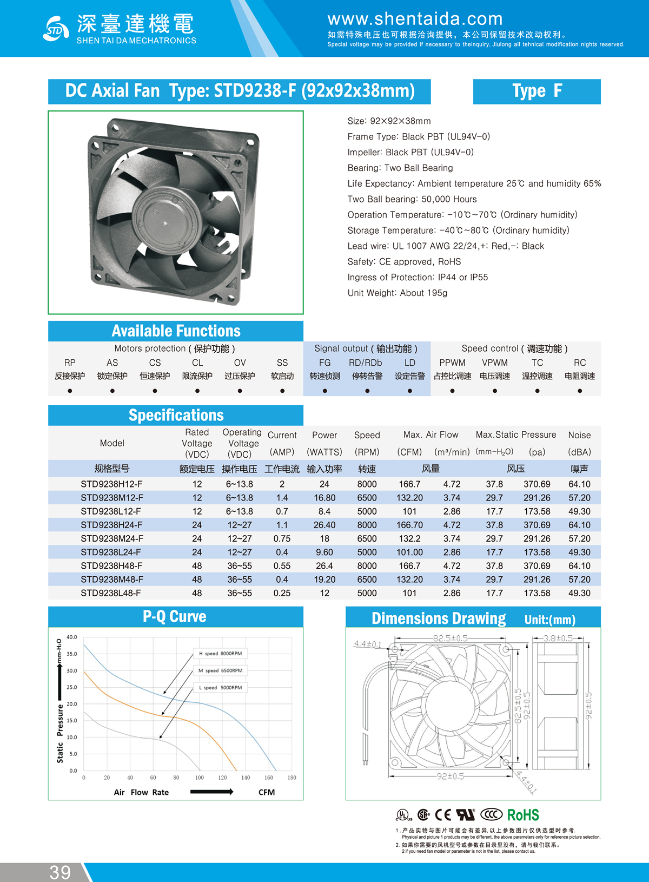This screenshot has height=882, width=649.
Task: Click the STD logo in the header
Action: coord(56,29)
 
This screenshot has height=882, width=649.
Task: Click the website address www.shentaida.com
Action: coord(415,19)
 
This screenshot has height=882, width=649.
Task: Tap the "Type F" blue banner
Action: coord(537,91)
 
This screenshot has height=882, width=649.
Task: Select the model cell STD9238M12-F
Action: coord(112,498)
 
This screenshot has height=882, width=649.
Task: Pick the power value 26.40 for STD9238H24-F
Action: coord(325,525)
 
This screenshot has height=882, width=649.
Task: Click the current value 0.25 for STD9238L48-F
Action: coord(282,593)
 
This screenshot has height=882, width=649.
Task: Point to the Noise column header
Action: coord(579,435)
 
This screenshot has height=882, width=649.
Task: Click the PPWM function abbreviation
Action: coord(452,363)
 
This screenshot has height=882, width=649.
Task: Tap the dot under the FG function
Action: coord(325,391)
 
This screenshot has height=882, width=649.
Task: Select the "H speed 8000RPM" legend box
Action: coord(220,654)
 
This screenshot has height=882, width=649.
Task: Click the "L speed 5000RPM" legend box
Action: coord(220,688)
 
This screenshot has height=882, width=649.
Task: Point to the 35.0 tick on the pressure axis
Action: coord(72,654)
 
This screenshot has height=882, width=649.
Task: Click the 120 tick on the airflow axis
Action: coord(222,778)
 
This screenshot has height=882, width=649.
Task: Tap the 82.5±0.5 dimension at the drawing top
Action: coord(450,639)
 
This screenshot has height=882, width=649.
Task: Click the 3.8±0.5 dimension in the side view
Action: coord(558,639)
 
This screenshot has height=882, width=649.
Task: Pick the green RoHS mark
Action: coord(523,815)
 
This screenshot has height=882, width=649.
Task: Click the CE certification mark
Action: coord(443,815)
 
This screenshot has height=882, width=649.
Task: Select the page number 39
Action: coord(60,872)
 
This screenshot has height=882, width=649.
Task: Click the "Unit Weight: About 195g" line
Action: coord(398,293)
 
